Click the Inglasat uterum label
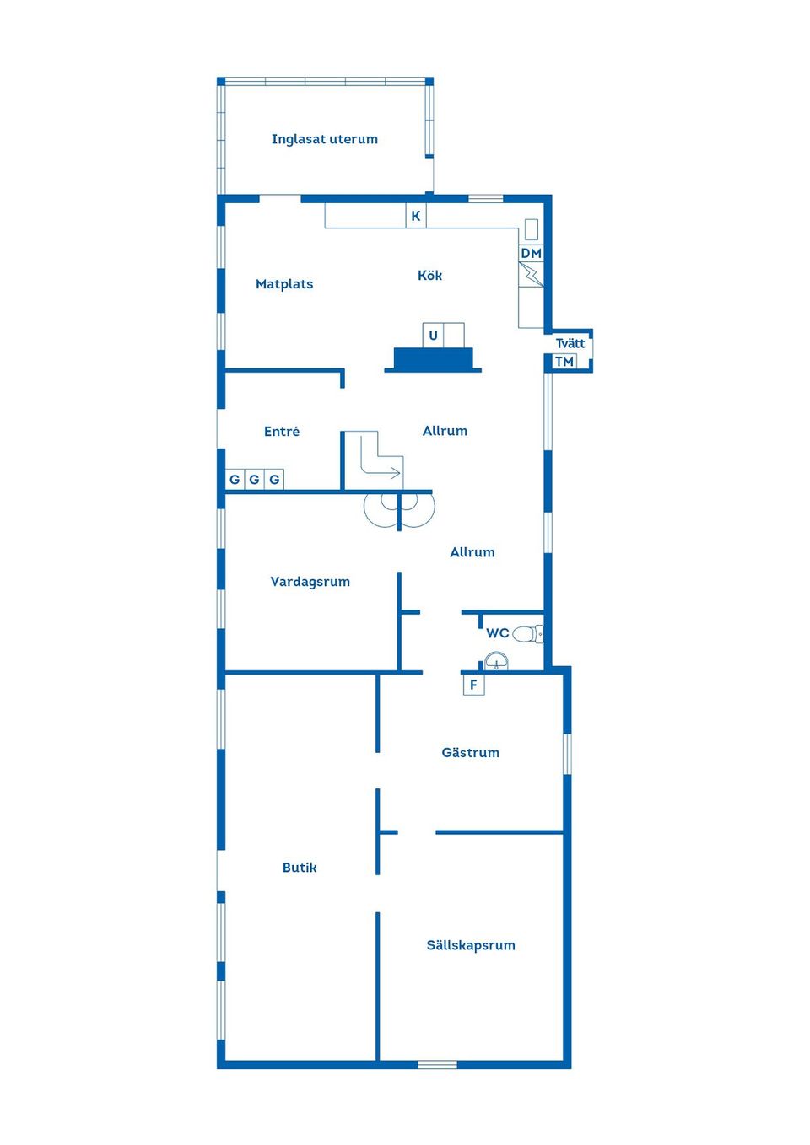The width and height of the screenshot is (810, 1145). click(x=324, y=139)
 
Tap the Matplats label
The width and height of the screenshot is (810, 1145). click(x=284, y=284)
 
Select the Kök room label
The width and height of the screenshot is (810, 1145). click(x=429, y=276)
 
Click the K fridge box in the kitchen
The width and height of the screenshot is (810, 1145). click(x=416, y=216)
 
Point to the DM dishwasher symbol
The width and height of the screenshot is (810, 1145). click(x=532, y=253)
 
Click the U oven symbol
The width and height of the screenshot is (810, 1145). click(x=433, y=336)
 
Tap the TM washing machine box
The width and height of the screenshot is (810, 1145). click(x=564, y=362)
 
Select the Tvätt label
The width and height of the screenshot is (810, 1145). click(x=570, y=343)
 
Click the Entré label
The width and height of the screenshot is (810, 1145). click(x=282, y=432)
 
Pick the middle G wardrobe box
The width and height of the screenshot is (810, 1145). click(x=254, y=480)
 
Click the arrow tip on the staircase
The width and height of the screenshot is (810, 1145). click(x=400, y=473)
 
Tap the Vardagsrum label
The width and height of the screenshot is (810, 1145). click(x=310, y=582)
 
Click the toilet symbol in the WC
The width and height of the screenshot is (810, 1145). click(x=527, y=634)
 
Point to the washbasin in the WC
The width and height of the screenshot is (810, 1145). click(x=496, y=661)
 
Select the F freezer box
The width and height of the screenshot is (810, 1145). click(x=473, y=685)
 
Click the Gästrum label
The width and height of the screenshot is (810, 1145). click(x=471, y=752)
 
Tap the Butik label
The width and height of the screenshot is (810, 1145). click(x=300, y=868)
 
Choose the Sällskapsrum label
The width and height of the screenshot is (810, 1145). click(x=471, y=945)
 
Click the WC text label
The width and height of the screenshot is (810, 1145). click(x=498, y=633)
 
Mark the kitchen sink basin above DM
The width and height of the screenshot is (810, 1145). click(x=532, y=230)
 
